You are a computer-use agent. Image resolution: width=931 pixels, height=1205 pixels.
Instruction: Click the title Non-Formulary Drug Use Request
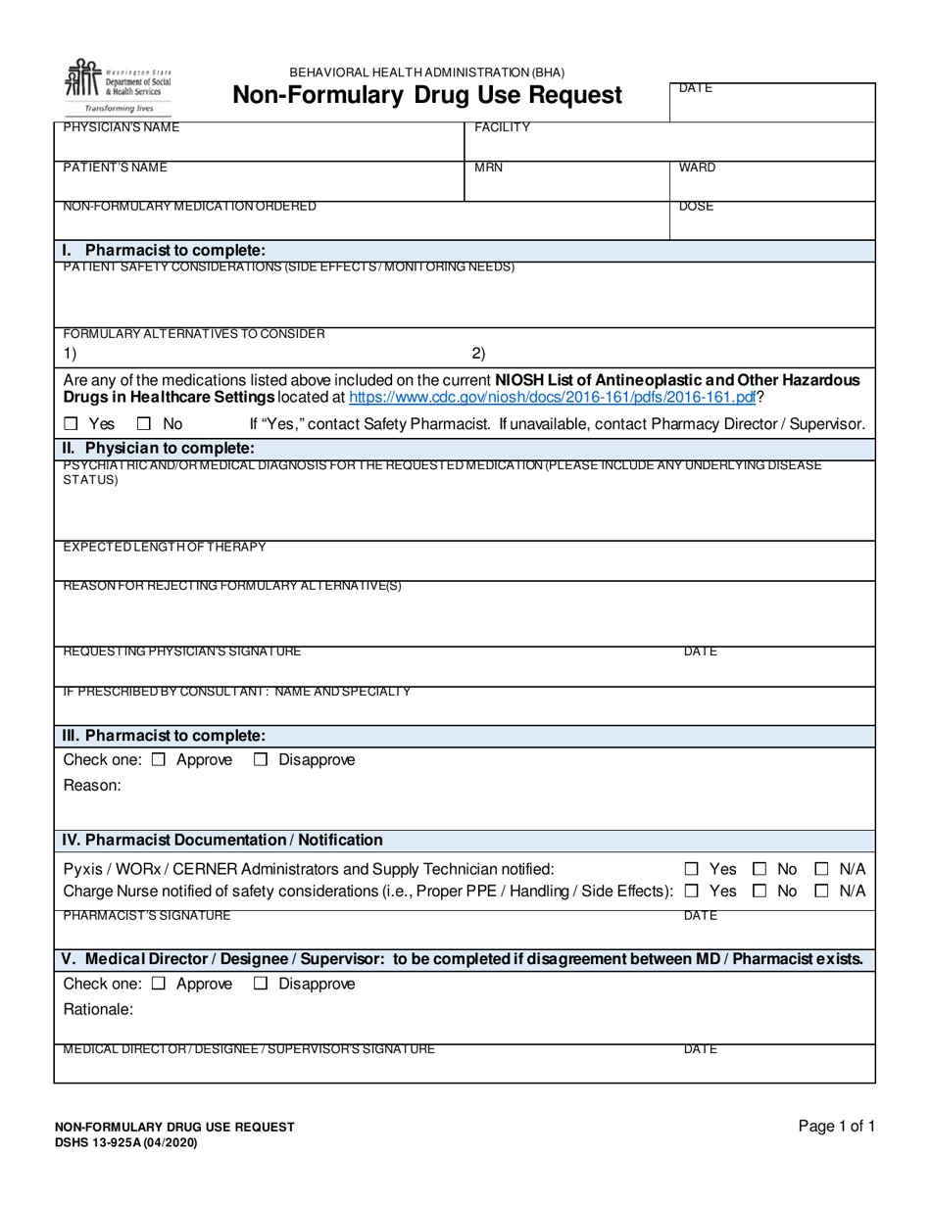(x=426, y=95)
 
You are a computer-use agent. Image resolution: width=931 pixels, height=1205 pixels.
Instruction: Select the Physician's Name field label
(x=122, y=127)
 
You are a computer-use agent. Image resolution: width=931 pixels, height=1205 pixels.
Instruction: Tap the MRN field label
(x=488, y=168)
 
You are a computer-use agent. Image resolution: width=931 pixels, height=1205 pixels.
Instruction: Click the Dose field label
(x=696, y=208)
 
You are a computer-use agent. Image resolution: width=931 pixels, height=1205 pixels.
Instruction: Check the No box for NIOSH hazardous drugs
(x=143, y=424)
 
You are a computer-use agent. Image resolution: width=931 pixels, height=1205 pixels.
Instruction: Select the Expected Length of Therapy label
(x=164, y=547)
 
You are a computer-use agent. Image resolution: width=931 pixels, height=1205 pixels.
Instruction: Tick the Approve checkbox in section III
(x=159, y=760)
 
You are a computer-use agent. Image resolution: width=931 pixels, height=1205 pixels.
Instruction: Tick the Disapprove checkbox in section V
(x=261, y=984)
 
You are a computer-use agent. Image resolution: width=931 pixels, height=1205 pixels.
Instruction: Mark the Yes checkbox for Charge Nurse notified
(x=692, y=892)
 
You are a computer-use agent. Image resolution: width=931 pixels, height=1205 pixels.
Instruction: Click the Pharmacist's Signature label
(x=147, y=916)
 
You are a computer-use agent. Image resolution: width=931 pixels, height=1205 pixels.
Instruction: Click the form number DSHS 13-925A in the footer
(x=125, y=1141)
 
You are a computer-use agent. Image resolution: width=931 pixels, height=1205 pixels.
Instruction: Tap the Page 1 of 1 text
(x=836, y=1127)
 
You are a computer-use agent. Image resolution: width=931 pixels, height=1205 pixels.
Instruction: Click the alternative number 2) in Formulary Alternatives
(x=478, y=354)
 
